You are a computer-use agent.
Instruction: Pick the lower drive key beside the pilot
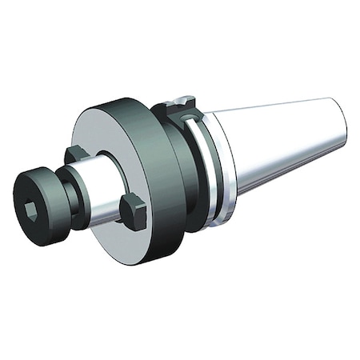(132, 211)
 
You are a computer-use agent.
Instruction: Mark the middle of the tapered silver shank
(284, 144)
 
